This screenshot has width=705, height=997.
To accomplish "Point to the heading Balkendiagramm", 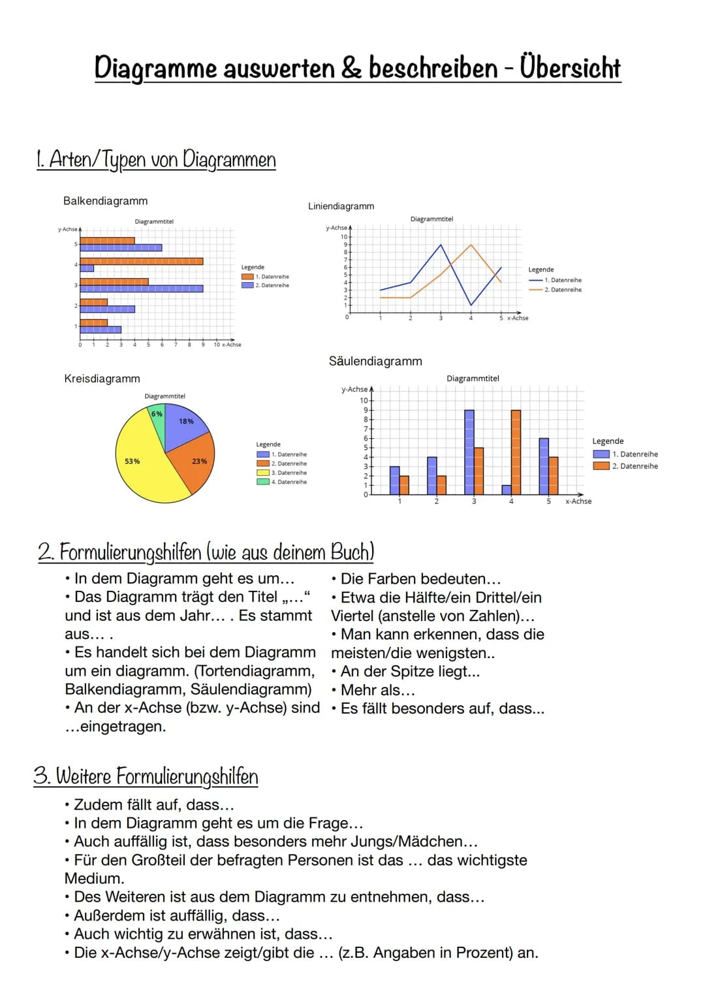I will pos(105,201).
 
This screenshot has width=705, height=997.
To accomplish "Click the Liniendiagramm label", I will pos(341,206).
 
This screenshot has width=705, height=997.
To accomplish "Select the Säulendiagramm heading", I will pos(375,361).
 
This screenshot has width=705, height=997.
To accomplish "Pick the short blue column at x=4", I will pos(507,490).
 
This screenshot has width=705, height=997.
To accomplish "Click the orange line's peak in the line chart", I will pos(471,245).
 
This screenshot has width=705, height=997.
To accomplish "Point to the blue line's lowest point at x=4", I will pos(471,305).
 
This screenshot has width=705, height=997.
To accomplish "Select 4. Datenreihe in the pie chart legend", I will pos(289,482).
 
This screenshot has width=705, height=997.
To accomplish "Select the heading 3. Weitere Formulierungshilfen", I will pos(146,776).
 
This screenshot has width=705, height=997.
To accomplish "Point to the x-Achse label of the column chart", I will pos(578,501).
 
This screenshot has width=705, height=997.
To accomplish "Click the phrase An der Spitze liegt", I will pos(409,671).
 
